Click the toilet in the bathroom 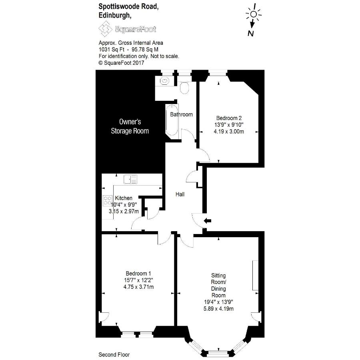pyautogui.click(x=184, y=88)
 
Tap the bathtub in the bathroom pyautogui.click(x=172, y=120)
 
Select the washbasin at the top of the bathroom pyautogui.click(x=165, y=81)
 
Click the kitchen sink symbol pyautogui.click(x=130, y=179)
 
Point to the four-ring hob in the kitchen pyautogui.click(x=108, y=201)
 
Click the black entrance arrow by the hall pyautogui.click(x=208, y=221)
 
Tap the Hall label pyautogui.click(x=180, y=194)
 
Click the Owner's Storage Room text pyautogui.click(x=130, y=126)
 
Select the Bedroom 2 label pyautogui.click(x=229, y=118)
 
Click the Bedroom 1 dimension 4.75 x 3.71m pyautogui.click(x=138, y=287)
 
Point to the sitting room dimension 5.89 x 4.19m pyautogui.click(x=218, y=308)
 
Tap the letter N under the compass pyautogui.click(x=250, y=34)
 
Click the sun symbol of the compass pyautogui.click(x=254, y=14)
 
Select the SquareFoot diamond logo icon pyautogui.click(x=105, y=29)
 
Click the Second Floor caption pyautogui.click(x=114, y=355)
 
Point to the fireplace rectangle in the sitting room pyautogui.click(x=255, y=275)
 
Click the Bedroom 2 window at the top pyautogui.click(x=218, y=74)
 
